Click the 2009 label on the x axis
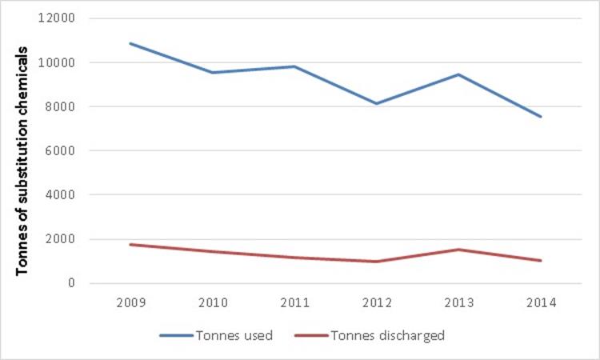click(130, 304)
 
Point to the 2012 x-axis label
click(376, 304)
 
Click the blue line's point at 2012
click(376, 103)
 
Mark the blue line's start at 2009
click(130, 43)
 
